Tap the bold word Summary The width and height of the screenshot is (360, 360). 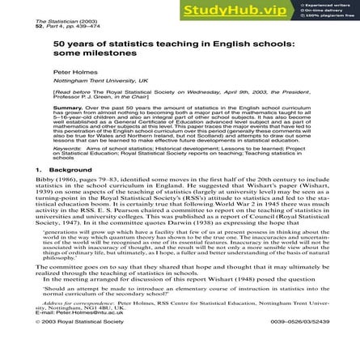[x=66, y=106]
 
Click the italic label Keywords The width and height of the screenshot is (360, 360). [x=67, y=149]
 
